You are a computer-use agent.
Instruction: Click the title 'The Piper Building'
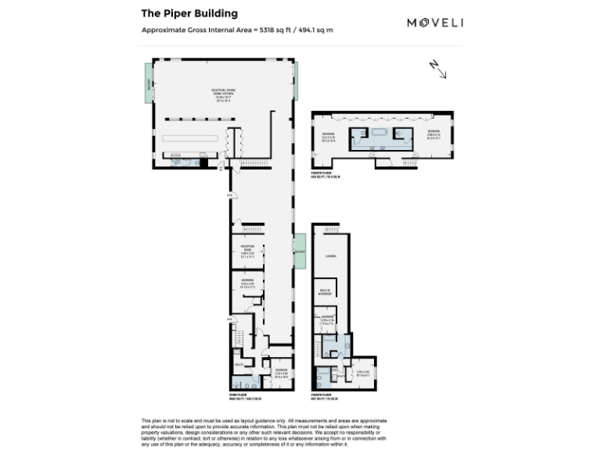(189, 13)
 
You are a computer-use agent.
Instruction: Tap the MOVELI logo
(435, 23)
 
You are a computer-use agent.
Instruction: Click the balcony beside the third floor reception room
(299, 252)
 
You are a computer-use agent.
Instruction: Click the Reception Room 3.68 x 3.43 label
(247, 251)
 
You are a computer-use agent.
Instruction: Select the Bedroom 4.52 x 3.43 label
(247, 284)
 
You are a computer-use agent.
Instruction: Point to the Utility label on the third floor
(238, 364)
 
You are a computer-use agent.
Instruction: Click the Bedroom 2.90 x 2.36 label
(329, 319)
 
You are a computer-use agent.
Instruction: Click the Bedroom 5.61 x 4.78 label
(329, 137)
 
